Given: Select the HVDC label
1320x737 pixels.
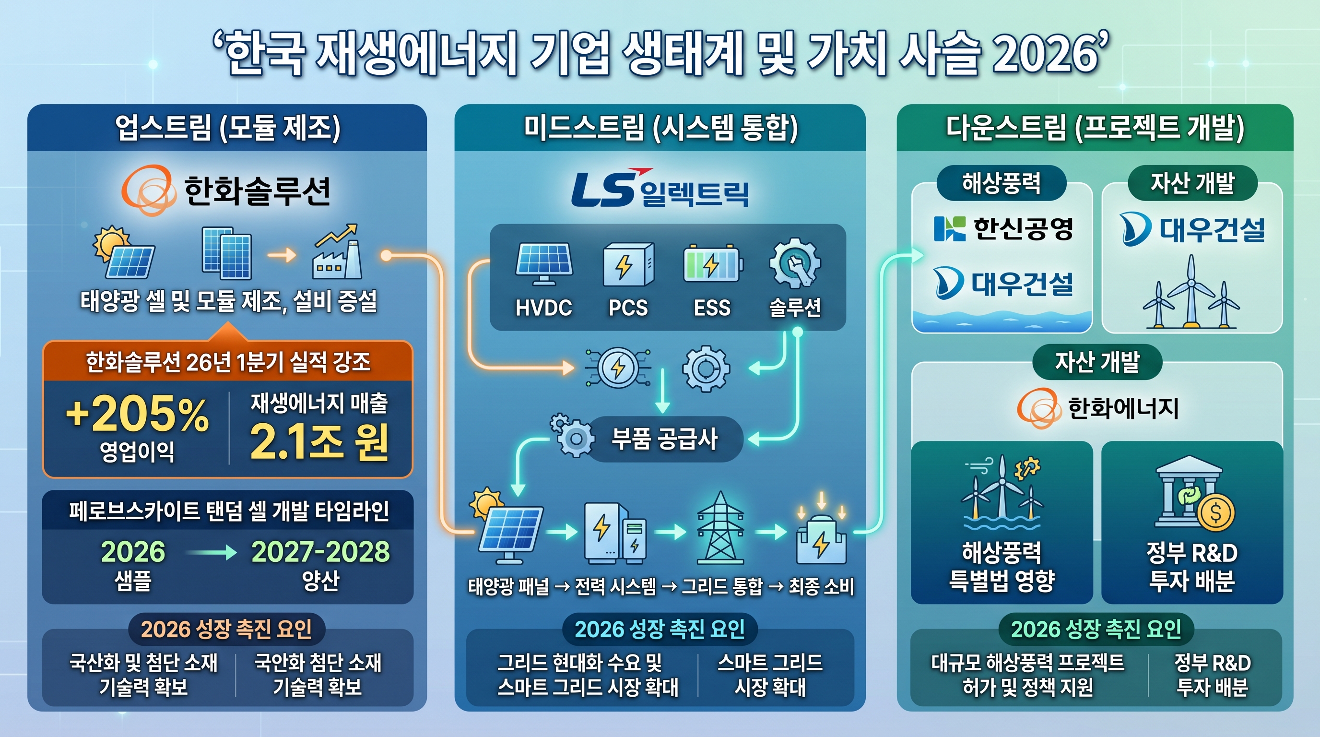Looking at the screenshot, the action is click(543, 308).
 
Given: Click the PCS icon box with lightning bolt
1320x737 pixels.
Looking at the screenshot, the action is click(628, 264).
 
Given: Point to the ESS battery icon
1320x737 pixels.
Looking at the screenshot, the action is click(713, 264).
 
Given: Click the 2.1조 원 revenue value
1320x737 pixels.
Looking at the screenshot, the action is click(318, 442).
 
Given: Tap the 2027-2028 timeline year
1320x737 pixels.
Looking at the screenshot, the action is click(320, 552).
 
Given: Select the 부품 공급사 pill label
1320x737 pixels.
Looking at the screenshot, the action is click(665, 439).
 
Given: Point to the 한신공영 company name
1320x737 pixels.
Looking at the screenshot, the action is click(1023, 228).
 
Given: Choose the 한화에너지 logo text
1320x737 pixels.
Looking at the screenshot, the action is click(1123, 408).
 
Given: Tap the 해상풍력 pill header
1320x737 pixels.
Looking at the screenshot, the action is click(1002, 183).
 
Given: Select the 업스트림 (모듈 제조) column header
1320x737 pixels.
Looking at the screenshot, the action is click(227, 128).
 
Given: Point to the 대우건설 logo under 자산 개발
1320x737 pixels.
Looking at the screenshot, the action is click(1192, 230).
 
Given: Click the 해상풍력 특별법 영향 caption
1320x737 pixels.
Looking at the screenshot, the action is click(1002, 566).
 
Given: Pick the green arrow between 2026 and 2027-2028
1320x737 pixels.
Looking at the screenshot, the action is click(211, 552).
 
